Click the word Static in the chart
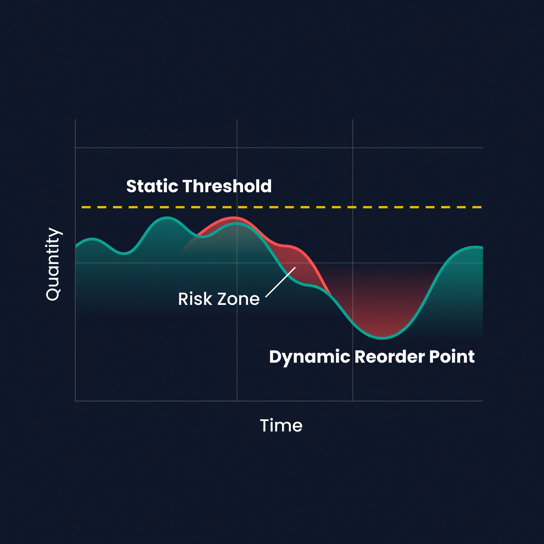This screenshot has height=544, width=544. click(152, 186)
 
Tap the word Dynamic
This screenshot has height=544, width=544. click(309, 357)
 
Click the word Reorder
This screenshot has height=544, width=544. click(390, 357)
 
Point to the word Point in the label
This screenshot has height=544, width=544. click(452, 357)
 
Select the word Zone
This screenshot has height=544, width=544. click(239, 299)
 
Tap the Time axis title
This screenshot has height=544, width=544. click(281, 426)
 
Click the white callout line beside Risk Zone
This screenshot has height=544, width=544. click(280, 282)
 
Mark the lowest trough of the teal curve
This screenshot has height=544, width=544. click(382, 338)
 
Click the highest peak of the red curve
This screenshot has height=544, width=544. click(234, 217)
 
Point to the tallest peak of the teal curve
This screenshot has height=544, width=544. click(167, 217)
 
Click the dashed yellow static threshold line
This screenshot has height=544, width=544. click(282, 207)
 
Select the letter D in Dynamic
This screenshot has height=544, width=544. click(276, 357)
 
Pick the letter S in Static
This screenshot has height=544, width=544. click(132, 186)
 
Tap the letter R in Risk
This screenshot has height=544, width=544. click(184, 299)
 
